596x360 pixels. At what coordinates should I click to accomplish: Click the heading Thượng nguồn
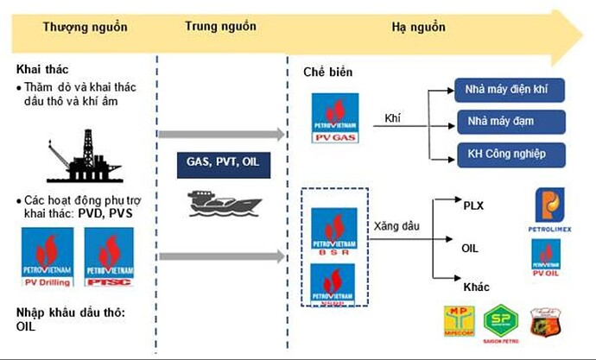(85, 27)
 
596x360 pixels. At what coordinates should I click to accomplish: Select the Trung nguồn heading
(221, 27)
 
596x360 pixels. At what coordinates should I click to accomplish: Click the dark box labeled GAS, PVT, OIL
(220, 161)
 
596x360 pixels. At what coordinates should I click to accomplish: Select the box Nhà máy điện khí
(509, 90)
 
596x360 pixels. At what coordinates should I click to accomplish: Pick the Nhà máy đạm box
(509, 121)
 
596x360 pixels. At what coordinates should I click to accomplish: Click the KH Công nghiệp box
(509, 154)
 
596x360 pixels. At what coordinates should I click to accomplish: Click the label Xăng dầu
(396, 226)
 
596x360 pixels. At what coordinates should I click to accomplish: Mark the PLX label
(473, 206)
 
